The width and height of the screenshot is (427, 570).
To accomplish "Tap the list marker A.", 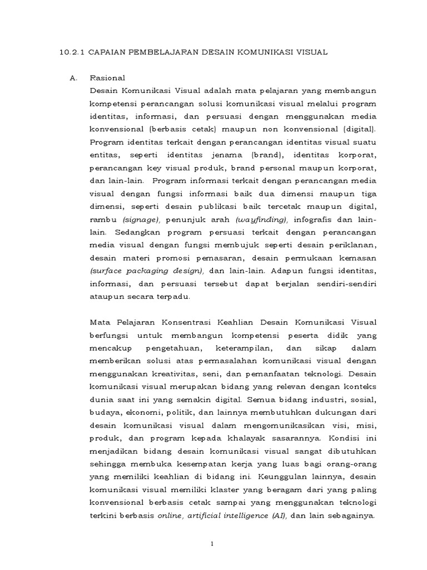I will tap(72, 78).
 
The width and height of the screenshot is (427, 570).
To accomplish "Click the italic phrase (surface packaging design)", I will tap(147, 271).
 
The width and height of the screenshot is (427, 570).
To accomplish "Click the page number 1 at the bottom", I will tap(213, 544).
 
